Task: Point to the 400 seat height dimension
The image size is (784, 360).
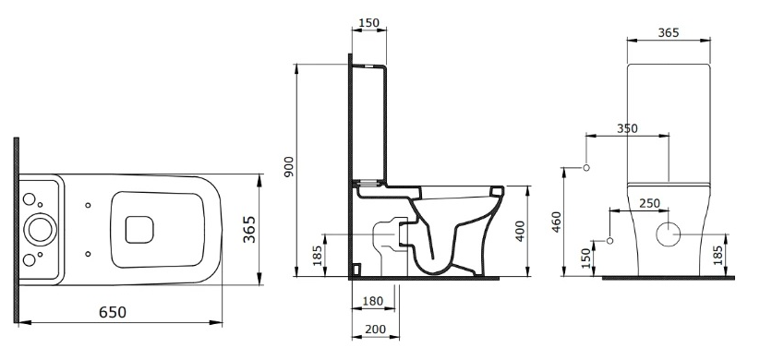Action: click(x=520, y=231)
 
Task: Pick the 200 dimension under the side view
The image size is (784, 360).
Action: click(x=375, y=328)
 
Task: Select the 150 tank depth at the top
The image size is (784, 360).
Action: click(x=368, y=23)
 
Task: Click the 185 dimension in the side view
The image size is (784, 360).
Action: click(x=319, y=255)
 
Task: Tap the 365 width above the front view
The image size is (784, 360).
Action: click(x=668, y=32)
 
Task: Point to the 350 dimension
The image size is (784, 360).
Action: click(x=627, y=129)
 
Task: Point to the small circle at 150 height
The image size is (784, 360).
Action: click(x=609, y=242)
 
